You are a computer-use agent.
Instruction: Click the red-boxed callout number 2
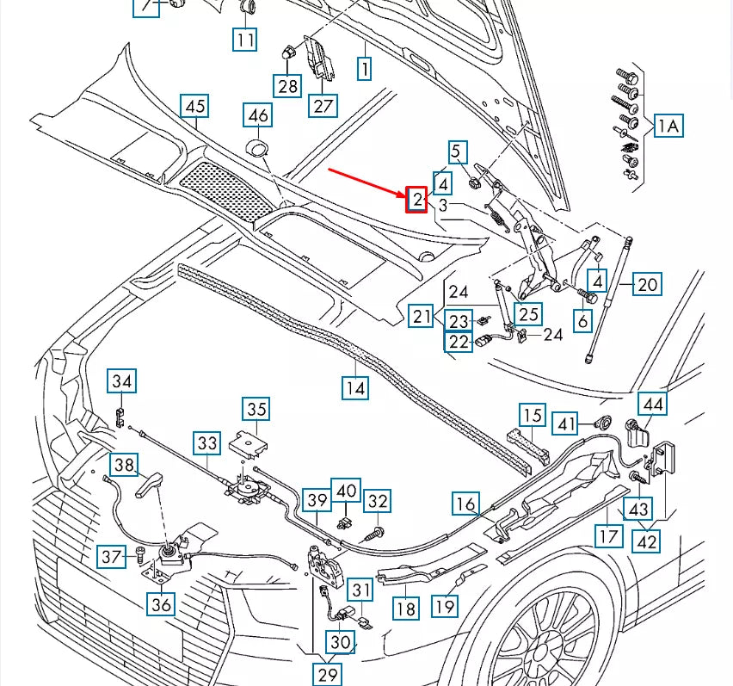[x=417, y=200]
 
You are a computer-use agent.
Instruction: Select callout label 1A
[x=668, y=126]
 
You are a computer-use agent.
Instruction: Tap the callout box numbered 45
[x=195, y=106]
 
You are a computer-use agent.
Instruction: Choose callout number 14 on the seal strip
[x=355, y=388]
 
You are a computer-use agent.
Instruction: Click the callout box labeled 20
[x=648, y=283]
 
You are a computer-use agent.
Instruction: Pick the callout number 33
[x=207, y=443]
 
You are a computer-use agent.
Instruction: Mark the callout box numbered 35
[x=256, y=409]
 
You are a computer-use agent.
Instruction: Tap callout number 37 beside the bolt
[x=112, y=557]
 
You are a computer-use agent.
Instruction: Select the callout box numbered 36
[x=161, y=604]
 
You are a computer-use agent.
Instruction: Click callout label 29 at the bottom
[x=327, y=674]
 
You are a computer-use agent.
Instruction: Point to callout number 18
[x=406, y=609]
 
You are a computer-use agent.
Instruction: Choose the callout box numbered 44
[x=653, y=404]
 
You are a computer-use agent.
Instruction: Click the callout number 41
[x=565, y=423]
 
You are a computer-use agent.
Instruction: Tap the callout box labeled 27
[x=323, y=106]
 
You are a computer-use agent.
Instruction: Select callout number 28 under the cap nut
[x=286, y=85]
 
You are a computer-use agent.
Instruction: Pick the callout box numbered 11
[x=245, y=39]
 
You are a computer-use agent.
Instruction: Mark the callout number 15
[x=533, y=416]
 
